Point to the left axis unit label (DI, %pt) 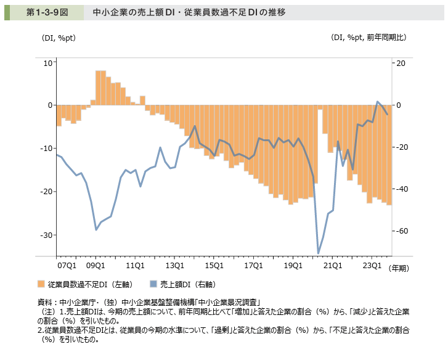click(59, 38)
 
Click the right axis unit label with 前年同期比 click(369, 38)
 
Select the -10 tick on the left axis click(46, 149)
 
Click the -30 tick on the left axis click(46, 235)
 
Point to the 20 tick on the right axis click(399, 63)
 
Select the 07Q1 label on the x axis click(67, 266)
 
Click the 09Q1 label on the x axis click(95, 266)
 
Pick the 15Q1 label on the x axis click(214, 266)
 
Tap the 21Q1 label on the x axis click(333, 266)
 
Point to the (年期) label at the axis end click(403, 268)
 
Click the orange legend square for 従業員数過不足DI click(41, 285)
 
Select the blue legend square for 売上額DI click(153, 285)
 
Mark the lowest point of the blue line click(318, 253)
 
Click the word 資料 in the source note click(45, 302)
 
